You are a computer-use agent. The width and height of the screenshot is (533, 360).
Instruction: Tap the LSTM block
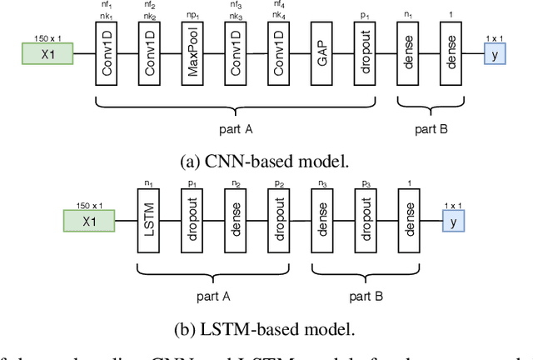pos(149,221)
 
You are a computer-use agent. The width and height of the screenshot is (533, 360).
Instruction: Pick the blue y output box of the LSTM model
pos(453,221)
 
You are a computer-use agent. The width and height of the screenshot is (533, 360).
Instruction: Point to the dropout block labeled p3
pos(366,221)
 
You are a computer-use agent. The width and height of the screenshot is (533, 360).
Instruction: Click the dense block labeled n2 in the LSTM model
pos(236,221)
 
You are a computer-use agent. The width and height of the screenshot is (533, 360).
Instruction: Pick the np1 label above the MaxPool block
pos(193,16)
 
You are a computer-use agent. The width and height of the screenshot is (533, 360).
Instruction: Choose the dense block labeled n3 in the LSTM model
pos(322,221)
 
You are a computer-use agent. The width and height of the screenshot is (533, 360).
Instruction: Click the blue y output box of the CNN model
pos(496,55)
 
